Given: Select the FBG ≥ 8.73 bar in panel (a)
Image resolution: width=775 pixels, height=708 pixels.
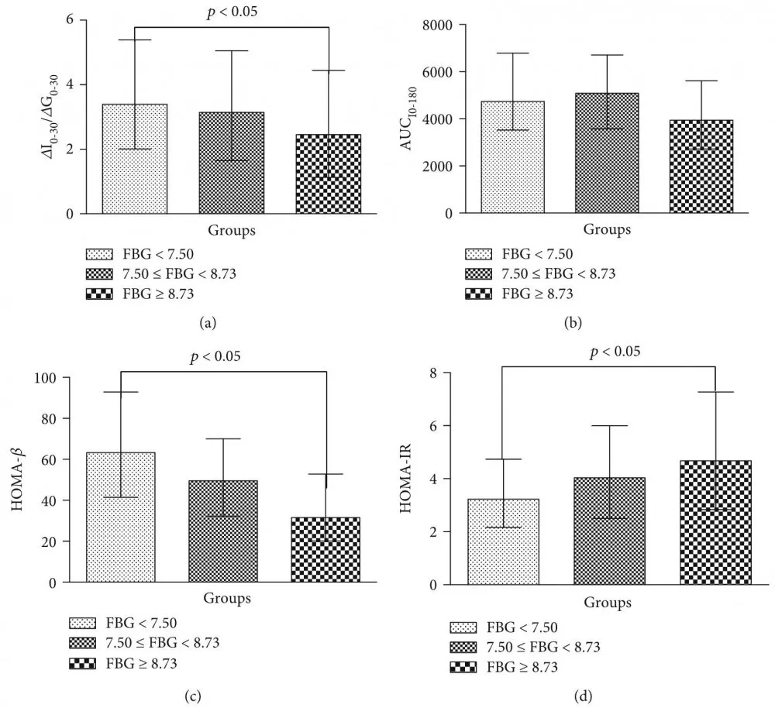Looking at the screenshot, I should (328, 174).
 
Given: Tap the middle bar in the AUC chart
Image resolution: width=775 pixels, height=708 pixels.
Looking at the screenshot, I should (607, 153).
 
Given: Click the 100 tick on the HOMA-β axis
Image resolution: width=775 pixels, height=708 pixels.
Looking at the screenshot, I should (59, 378).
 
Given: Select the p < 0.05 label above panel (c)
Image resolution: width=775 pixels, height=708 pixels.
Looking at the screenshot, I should (216, 356).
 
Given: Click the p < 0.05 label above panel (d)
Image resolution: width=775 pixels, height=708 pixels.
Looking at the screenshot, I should (615, 352).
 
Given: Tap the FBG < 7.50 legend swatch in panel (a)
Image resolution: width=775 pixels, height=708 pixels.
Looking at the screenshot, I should (101, 253).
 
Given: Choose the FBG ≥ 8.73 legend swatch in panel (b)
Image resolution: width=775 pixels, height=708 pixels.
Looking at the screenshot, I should (479, 294).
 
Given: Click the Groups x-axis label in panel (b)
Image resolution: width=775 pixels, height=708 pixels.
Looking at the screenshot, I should (607, 229).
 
